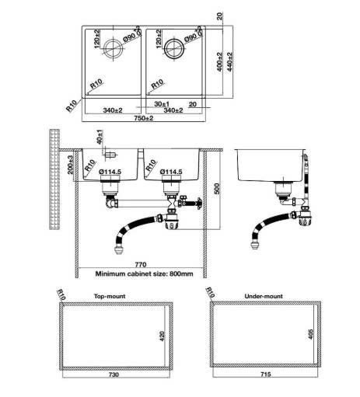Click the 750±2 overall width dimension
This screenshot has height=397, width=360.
(144, 118)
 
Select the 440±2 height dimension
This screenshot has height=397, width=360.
(229, 62)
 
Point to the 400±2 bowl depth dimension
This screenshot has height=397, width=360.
(219, 62)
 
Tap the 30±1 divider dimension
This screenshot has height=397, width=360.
(162, 104)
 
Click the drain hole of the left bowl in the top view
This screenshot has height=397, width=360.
(113, 48)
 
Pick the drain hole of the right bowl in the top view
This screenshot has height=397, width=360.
(174, 48)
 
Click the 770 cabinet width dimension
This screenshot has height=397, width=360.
(141, 265)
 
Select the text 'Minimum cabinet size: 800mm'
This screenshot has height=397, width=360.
(144, 273)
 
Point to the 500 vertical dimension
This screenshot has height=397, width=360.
(217, 189)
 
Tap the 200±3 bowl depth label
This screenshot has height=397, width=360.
(70, 165)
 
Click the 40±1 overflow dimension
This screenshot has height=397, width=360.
(100, 137)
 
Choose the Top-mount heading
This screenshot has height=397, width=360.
(110, 296)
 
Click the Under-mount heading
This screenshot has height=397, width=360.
(264, 296)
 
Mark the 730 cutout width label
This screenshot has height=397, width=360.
(114, 374)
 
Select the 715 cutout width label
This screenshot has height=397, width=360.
(266, 374)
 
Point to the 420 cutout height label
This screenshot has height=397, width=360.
(162, 336)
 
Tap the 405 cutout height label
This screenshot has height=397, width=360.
(311, 334)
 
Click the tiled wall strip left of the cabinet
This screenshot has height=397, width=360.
(54, 179)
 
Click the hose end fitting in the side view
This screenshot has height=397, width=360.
(255, 245)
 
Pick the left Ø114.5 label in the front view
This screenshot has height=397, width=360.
(110, 172)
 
